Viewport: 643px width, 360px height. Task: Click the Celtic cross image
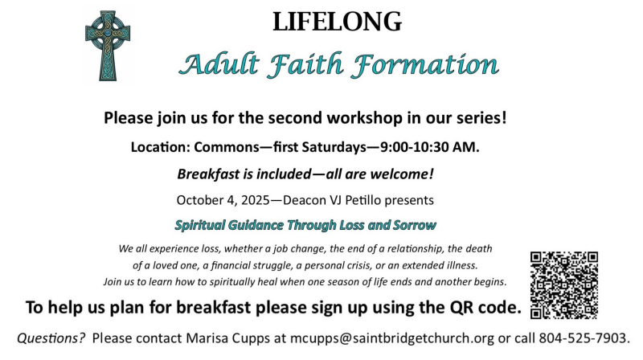(x=108, y=46)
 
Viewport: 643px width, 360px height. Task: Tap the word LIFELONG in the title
(x=337, y=22)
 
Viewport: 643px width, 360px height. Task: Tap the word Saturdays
(x=334, y=147)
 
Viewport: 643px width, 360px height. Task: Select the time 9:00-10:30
(x=414, y=147)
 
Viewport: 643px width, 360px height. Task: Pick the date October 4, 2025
(x=223, y=201)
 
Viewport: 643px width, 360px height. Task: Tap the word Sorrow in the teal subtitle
(x=415, y=225)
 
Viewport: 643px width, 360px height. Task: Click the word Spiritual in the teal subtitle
(x=200, y=226)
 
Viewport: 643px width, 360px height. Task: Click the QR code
(x=564, y=285)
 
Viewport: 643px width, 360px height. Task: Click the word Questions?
(x=51, y=338)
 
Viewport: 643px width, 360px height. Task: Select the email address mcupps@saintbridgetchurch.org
(x=392, y=338)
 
